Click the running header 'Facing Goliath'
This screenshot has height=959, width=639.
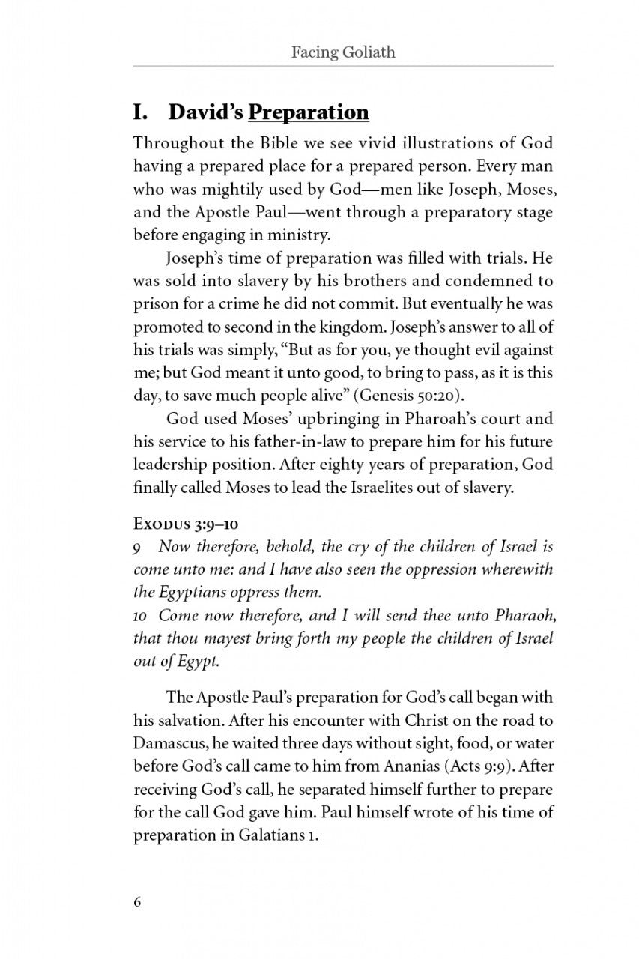point(343,52)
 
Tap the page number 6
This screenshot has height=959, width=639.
point(137,902)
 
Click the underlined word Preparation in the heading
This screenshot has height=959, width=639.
point(309,112)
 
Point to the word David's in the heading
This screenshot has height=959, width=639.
point(205,112)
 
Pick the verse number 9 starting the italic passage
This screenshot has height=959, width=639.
point(137,547)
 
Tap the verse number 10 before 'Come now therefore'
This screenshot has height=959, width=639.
point(140,617)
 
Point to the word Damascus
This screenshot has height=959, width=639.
point(168,745)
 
